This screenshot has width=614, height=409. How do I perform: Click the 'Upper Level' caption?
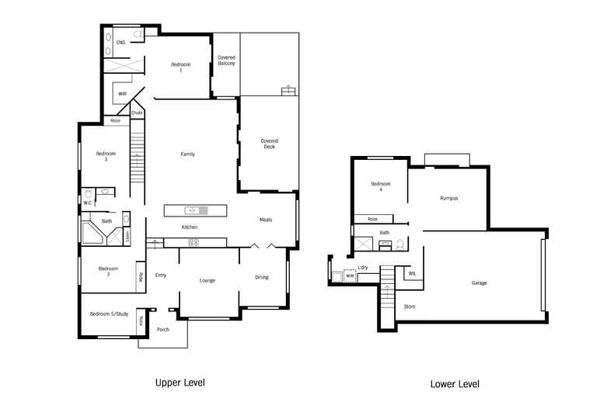click(x=180, y=383)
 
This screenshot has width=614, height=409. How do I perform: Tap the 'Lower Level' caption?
click(x=455, y=384)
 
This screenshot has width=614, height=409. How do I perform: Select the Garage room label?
click(x=480, y=282)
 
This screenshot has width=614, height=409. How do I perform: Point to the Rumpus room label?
click(x=448, y=199)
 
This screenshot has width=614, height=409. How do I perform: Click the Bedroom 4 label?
click(x=381, y=187)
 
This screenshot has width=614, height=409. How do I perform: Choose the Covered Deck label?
click(x=269, y=144)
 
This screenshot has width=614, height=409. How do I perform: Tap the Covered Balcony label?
click(x=226, y=61)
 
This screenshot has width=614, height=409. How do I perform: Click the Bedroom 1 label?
click(x=181, y=67)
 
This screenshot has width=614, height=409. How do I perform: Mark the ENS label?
click(x=120, y=42)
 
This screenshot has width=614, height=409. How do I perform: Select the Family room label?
click(x=187, y=154)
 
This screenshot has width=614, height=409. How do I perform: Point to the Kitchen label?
click(x=189, y=227)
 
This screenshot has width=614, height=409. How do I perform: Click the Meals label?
click(x=266, y=220)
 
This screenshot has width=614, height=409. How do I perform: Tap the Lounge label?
click(x=208, y=279)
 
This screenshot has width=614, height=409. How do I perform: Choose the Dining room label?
click(x=262, y=277)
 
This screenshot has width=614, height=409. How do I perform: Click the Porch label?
click(x=163, y=329)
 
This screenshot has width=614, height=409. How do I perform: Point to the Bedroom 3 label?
click(x=106, y=156)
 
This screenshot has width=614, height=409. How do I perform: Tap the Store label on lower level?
click(x=410, y=307)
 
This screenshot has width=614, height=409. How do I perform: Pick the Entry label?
click(x=161, y=275)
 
